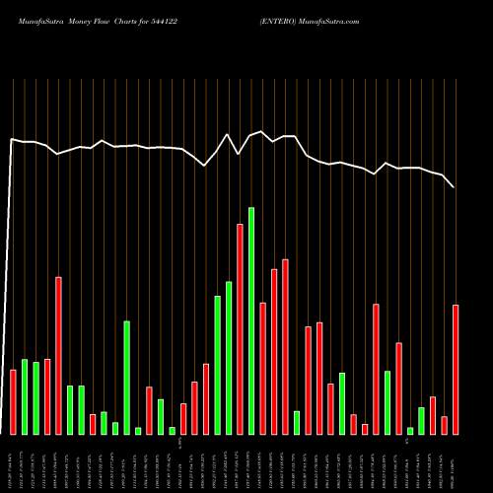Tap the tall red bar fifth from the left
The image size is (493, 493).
coord(58,355)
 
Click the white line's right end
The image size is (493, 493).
coord(454,186)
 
